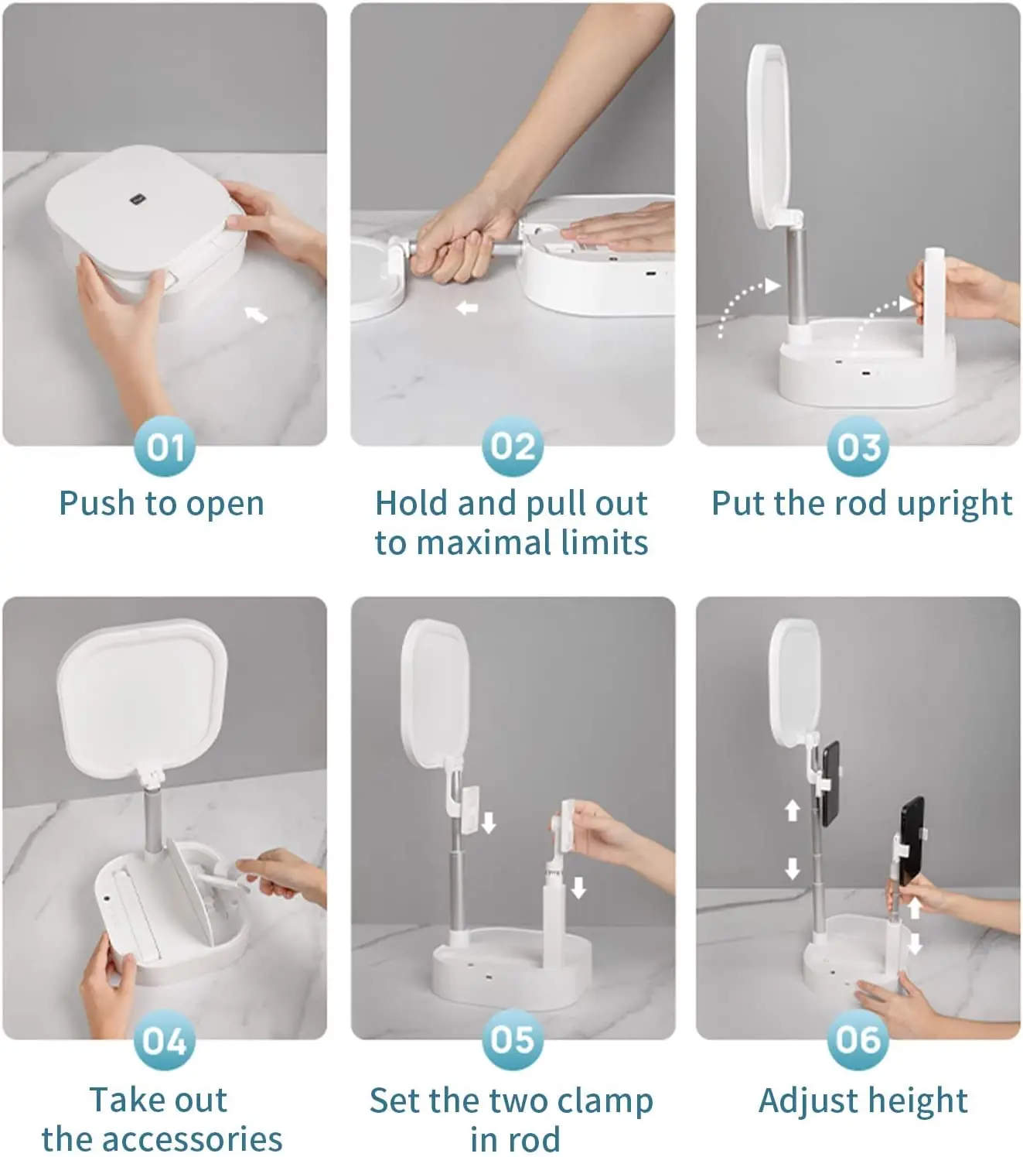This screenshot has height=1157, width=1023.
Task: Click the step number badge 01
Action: point(165,447)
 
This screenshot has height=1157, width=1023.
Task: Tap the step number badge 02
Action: point(513,447)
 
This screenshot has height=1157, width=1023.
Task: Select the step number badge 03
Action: point(858,447)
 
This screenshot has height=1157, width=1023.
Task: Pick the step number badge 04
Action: point(165,1040)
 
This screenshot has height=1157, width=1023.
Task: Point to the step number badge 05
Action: point(513,1040)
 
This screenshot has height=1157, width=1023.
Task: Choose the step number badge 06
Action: point(858,1040)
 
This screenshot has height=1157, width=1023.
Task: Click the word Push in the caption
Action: point(97,504)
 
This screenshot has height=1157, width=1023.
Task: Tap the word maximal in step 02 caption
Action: point(484,543)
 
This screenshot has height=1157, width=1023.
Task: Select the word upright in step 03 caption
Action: point(954,505)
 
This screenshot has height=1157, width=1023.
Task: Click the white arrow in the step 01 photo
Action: point(256,314)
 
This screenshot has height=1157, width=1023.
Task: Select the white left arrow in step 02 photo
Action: point(467,308)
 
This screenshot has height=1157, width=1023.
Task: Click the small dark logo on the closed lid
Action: point(138,200)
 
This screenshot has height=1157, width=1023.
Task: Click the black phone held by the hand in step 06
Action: point(911,841)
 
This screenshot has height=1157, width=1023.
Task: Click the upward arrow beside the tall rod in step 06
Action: point(792,810)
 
